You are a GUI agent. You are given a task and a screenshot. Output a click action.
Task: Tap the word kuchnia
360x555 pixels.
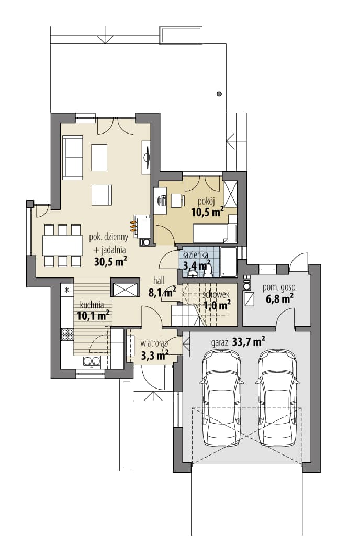(x=92, y=305)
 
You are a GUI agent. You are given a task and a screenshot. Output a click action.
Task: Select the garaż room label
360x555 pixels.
(x=219, y=342)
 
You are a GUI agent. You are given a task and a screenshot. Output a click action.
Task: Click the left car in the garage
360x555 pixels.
(x=222, y=397)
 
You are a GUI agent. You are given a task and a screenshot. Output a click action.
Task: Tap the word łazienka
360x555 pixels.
(x=196, y=254)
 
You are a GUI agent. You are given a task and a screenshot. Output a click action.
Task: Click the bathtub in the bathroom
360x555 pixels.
(x=228, y=262)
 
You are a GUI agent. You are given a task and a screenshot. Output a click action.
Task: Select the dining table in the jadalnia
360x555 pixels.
(x=63, y=245)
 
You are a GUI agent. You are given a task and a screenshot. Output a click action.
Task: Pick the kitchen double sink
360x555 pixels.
(x=92, y=361)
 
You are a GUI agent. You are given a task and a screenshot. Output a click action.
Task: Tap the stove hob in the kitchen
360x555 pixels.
(x=67, y=334)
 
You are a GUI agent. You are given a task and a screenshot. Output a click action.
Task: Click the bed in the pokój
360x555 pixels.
(x=215, y=233)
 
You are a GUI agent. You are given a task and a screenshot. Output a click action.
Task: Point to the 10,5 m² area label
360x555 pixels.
(x=208, y=212)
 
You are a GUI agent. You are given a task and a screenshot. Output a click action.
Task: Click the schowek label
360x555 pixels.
(x=216, y=294)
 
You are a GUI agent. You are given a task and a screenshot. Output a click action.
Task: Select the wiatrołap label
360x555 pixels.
(x=154, y=343)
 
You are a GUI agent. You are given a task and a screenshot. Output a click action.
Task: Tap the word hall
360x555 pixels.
(x=159, y=281)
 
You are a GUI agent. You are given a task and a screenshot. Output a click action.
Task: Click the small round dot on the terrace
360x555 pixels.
(x=219, y=94)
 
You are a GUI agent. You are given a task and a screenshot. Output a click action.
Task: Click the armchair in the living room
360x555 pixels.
(x=102, y=195)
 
